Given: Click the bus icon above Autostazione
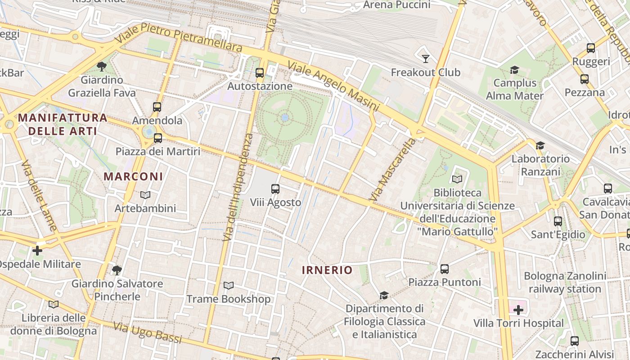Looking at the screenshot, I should [260, 73].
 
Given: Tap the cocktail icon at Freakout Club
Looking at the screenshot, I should [425, 58].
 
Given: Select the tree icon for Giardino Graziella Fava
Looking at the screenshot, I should [102, 67].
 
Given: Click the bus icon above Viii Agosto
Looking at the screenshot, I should [275, 189].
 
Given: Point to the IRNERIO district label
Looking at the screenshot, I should [327, 270].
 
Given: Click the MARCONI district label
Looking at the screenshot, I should [133, 176].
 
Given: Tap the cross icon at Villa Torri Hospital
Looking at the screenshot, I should [518, 310].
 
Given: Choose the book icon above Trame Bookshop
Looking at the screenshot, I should [229, 286].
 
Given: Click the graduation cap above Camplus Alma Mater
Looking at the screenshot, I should [514, 70].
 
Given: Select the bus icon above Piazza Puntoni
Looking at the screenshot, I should [445, 269].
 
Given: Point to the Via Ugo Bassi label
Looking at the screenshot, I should [148, 332].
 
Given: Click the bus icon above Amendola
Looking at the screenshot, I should [157, 107].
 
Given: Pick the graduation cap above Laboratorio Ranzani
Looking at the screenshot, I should [540, 145].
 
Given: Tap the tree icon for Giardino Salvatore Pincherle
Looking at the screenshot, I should [117, 270].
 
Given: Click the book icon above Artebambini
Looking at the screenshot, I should [145, 195].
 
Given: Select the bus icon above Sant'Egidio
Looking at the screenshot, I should [558, 221].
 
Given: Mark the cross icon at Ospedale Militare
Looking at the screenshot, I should [37, 250].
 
